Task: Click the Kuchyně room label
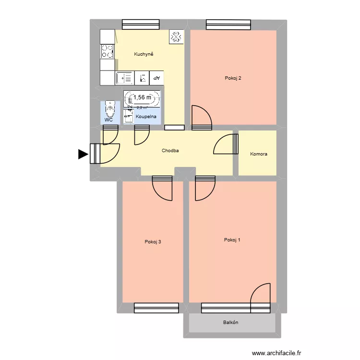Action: [x=144, y=54]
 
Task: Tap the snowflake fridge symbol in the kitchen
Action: [x=176, y=36]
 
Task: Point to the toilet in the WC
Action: [x=110, y=110]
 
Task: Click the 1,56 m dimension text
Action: [x=142, y=97]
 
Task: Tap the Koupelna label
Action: [x=145, y=117]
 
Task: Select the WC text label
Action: [x=108, y=120]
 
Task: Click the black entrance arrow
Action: [x=84, y=154]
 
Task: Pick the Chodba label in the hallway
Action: [x=170, y=151]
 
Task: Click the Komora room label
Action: [x=259, y=154]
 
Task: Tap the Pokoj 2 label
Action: [x=233, y=78]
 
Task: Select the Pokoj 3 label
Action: [x=153, y=241]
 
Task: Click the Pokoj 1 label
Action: [x=232, y=240]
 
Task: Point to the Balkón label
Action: [x=230, y=323]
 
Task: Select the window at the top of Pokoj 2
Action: [x=228, y=24]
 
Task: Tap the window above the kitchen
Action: [x=141, y=24]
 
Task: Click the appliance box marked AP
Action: [x=156, y=78]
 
